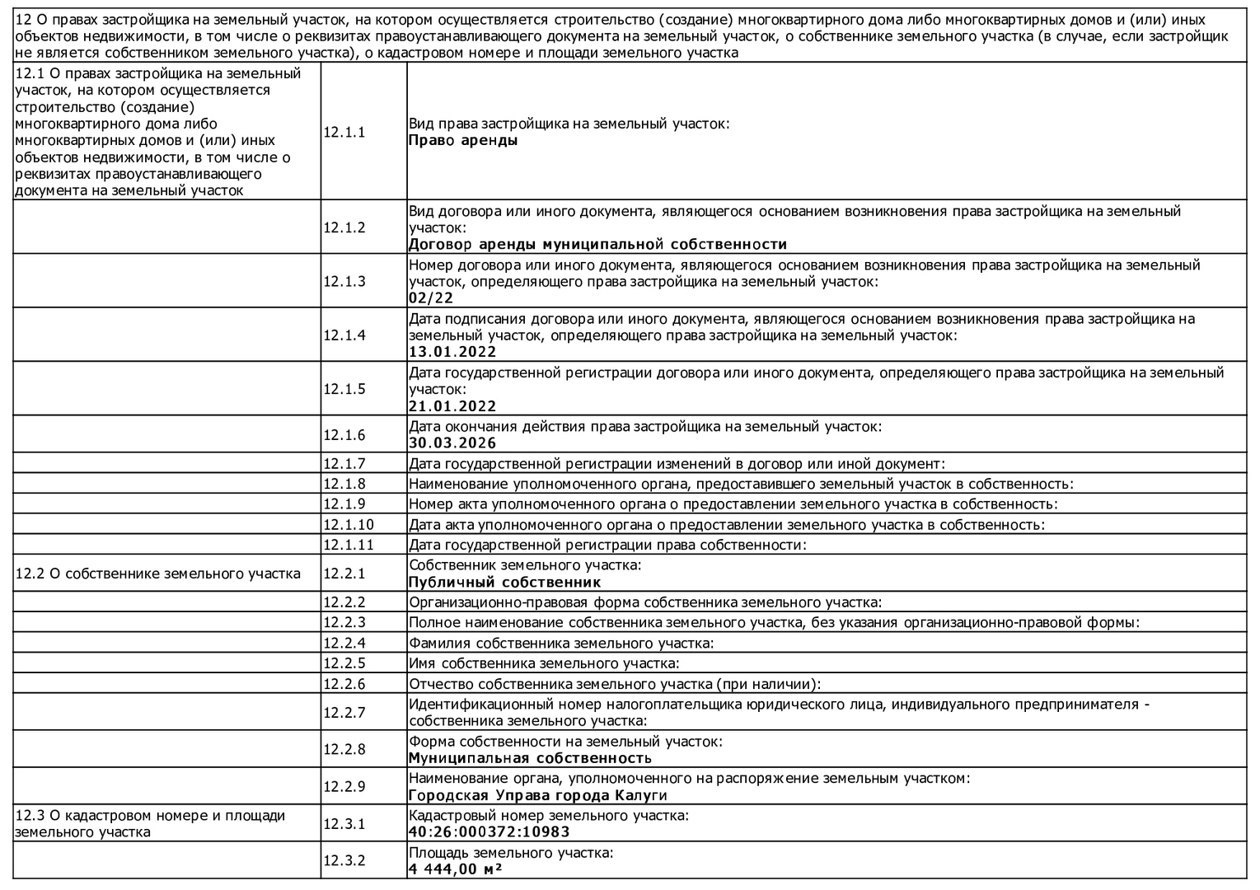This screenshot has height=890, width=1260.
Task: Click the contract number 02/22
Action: [x=430, y=298]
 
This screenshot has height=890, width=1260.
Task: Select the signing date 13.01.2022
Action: [x=452, y=352]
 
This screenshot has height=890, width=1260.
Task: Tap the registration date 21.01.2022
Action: [x=452, y=406]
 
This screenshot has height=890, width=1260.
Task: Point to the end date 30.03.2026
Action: [x=452, y=443]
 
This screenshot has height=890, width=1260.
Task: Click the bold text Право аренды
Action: [x=463, y=140]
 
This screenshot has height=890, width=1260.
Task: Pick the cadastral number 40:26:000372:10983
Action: [x=489, y=831]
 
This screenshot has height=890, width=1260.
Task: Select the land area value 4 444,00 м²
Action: [x=456, y=869]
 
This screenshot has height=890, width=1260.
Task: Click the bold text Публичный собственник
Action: [x=504, y=582]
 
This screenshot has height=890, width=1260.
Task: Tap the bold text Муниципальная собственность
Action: [x=530, y=758]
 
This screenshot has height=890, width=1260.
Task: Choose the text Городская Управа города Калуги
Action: [x=537, y=795]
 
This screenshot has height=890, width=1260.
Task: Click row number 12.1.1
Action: [x=344, y=132]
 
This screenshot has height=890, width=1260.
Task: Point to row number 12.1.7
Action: [x=344, y=463]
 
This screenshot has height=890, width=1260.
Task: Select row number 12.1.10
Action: [x=348, y=524]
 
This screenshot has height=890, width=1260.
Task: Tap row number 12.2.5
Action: [x=344, y=663]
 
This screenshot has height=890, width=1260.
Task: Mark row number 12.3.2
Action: [x=344, y=860]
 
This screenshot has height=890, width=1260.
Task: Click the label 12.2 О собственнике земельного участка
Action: [x=157, y=574]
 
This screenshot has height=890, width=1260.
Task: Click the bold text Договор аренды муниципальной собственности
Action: [x=597, y=244]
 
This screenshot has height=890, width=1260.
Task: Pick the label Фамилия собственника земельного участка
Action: [x=560, y=643]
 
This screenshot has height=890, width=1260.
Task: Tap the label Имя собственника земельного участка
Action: [x=544, y=663]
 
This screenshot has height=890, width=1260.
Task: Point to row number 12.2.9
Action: [x=344, y=786]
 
